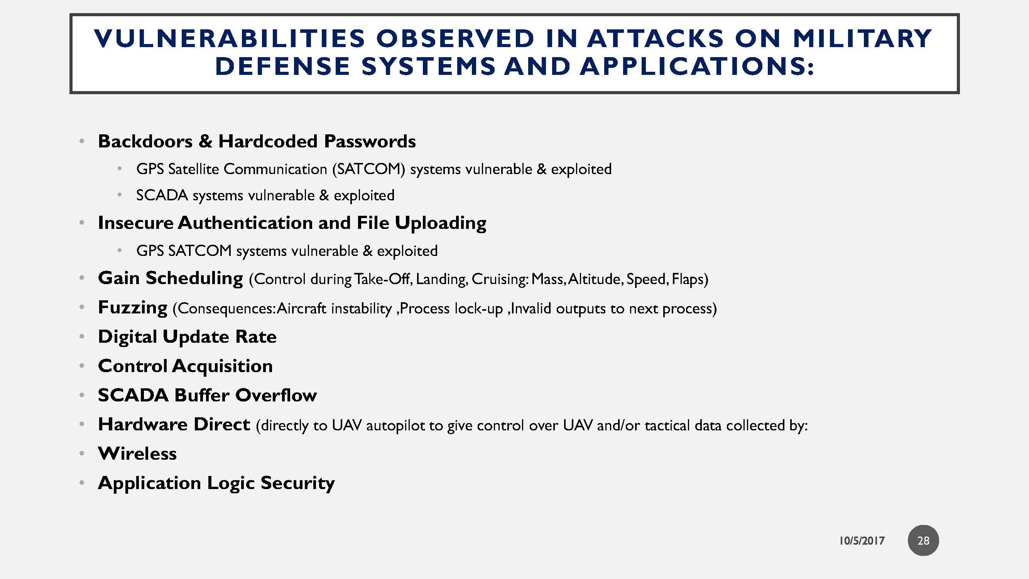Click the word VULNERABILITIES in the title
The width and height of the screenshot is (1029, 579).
pos(230,38)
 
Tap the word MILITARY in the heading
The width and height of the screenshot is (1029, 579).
pos(862,38)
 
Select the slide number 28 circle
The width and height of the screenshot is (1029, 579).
pos(923,540)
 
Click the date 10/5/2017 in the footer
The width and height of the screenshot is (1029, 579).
pos(862,541)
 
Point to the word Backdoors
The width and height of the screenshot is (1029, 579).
pos(145,141)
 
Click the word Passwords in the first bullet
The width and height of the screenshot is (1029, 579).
pos(370,141)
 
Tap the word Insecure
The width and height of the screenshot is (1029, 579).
pos(135,223)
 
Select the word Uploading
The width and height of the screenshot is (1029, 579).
pos(441,223)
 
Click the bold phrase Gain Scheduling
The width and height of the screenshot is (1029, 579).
pos(170,278)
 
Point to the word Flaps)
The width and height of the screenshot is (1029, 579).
pos(690,279)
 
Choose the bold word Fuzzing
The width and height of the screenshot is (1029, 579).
pos(133,307)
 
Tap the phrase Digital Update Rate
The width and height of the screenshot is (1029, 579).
pos(187,337)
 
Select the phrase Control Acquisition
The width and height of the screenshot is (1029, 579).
pos(185,366)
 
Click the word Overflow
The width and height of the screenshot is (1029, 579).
pos(276,395)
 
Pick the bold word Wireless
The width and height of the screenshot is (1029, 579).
pos(137,454)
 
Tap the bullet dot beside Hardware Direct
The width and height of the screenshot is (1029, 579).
pos(82,424)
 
